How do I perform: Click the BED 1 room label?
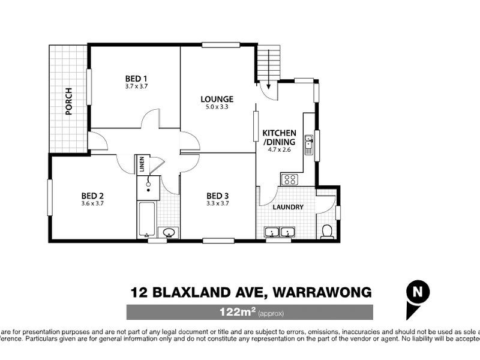(x=136, y=79)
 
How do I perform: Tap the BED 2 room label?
(x=93, y=195)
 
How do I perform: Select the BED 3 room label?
(x=218, y=195)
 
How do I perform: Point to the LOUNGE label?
(x=217, y=99)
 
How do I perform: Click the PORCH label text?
(x=69, y=101)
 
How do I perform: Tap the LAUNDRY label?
(x=288, y=207)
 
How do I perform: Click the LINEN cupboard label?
(x=142, y=164)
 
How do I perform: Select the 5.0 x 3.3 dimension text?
(x=217, y=107)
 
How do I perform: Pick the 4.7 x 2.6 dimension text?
(x=279, y=150)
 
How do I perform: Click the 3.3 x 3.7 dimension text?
(x=218, y=203)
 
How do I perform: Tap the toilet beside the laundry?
(x=327, y=231)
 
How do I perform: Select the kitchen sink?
(x=308, y=144)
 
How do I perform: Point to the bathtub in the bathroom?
(x=146, y=219)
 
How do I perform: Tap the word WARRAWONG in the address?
(x=322, y=292)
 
